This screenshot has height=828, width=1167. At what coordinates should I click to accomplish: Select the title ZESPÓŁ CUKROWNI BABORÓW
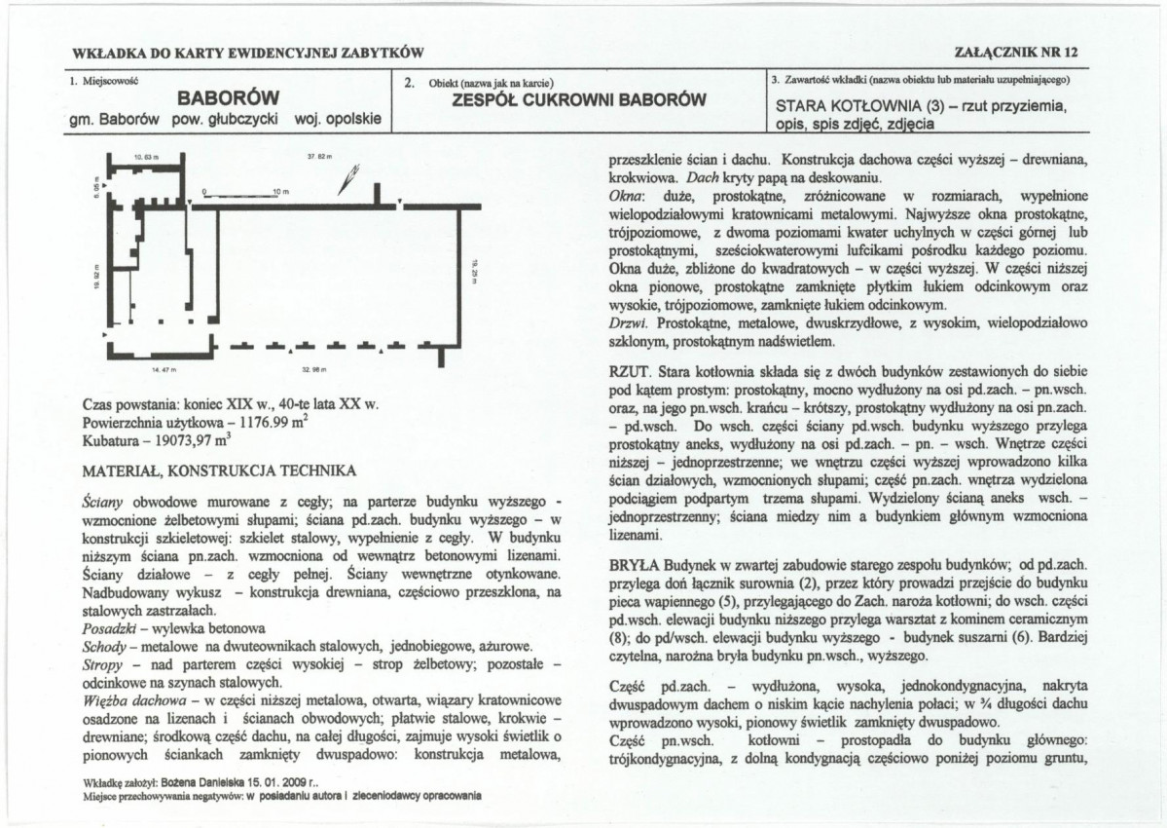pyautogui.click(x=580, y=99)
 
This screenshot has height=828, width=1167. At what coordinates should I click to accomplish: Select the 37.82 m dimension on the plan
pyautogui.click(x=319, y=157)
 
